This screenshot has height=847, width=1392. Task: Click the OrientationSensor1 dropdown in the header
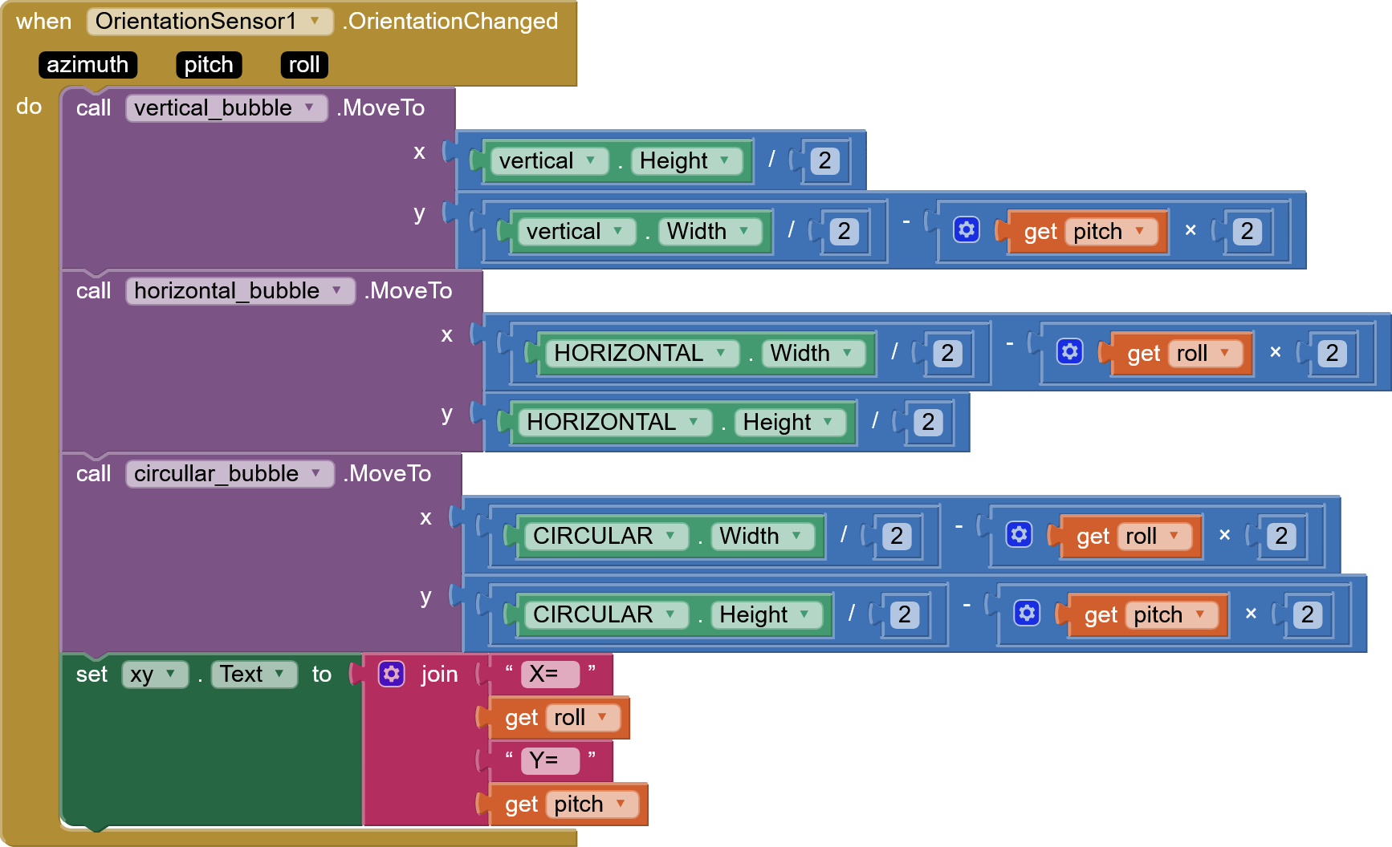click(210, 22)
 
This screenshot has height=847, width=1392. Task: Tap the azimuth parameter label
click(88, 65)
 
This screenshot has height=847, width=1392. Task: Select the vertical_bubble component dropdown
click(226, 108)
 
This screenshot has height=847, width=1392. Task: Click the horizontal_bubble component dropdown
click(240, 291)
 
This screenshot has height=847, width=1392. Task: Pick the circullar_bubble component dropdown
click(230, 474)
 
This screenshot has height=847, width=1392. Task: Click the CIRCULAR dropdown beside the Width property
click(606, 537)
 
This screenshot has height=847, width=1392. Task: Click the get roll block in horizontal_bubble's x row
click(1176, 354)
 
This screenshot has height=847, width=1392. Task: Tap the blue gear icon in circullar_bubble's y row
click(1027, 614)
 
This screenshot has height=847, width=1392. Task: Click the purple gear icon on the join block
click(392, 675)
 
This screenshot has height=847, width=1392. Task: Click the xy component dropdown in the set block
click(155, 675)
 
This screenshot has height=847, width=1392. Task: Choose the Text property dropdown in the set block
click(254, 675)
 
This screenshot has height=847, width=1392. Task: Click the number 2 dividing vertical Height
click(824, 161)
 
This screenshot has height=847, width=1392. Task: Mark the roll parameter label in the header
click(304, 65)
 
